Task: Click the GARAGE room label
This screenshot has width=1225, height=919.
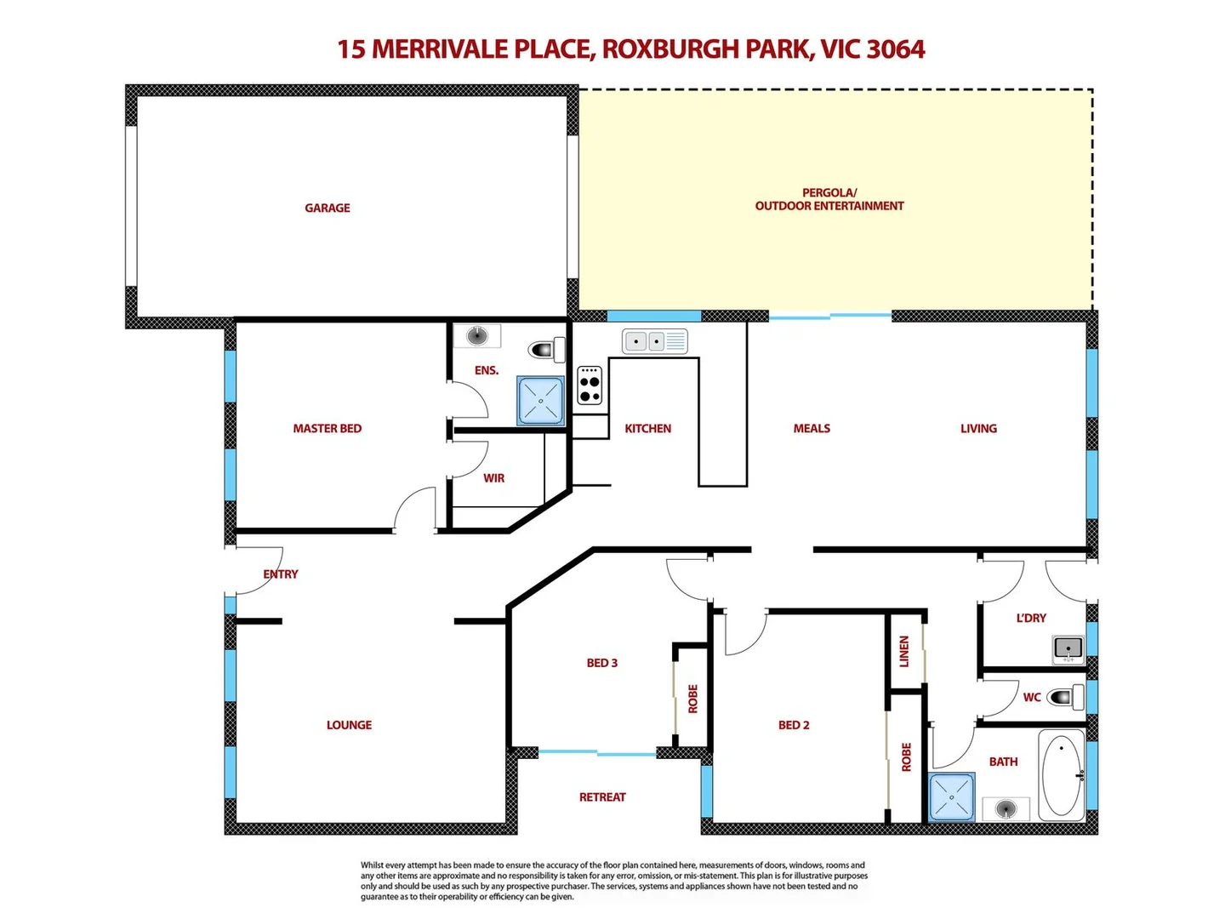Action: [328, 208]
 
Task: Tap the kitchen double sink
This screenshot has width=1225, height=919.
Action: [654, 341]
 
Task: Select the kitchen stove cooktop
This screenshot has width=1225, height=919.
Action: [590, 385]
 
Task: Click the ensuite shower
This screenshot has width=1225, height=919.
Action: [541, 401]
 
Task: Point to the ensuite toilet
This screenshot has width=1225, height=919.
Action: [547, 349]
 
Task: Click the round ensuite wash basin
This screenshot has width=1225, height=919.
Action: [477, 335]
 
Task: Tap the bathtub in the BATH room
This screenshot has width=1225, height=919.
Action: [1061, 774]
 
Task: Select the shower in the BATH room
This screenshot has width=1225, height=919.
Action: [952, 797]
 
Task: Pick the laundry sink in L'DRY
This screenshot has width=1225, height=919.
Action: [1068, 648]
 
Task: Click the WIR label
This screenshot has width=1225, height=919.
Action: [494, 478]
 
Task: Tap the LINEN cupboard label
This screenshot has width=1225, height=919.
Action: [904, 651]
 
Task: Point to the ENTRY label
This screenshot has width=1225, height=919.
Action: [281, 574]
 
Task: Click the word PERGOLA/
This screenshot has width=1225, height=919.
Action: [829, 192]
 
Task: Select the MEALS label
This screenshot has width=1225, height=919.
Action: [812, 429]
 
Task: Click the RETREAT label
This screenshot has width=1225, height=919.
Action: [602, 797]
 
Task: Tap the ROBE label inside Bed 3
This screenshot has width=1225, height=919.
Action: [692, 699]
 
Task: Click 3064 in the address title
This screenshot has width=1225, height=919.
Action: [896, 49]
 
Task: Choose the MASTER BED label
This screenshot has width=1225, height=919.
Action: [328, 429]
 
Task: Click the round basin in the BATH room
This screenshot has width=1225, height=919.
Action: [1006, 808]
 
